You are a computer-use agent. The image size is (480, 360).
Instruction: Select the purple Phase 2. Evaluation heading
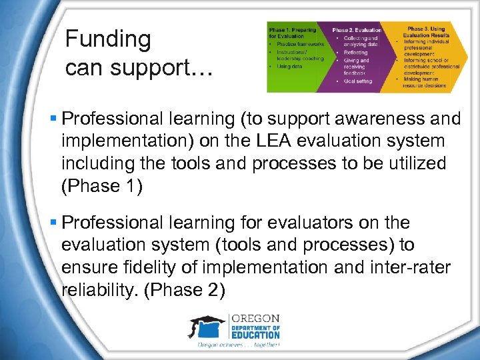pyautogui.click(x=357, y=30)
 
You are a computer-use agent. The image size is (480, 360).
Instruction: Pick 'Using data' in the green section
pyautogui.click(x=289, y=67)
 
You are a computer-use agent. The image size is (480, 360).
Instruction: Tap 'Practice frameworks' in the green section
pyautogui.click(x=294, y=43)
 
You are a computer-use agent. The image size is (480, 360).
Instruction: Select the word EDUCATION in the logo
pyautogui.click(x=255, y=336)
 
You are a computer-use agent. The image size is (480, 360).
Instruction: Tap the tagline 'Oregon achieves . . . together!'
pyautogui.click(x=238, y=345)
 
